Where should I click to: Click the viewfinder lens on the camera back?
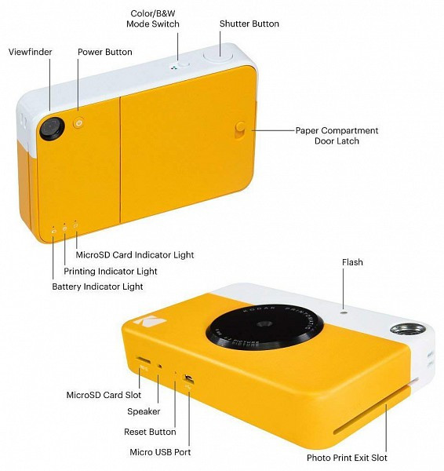pos(53,128)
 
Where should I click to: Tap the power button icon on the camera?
pos(78,123)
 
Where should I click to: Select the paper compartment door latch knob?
pos(241,130)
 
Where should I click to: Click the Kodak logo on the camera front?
pos(150,321)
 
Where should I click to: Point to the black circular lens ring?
pos(265,327)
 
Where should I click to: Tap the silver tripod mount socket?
pos(406,329)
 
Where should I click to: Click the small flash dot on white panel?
pos(344,312)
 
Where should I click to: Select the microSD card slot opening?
pos(144,360)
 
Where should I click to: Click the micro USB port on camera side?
pos(189,379)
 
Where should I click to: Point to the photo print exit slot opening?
pos(373,411)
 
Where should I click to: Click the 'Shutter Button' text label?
pos(249,24)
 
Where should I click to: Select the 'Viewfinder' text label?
pos(31,52)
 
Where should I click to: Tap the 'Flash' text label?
pos(352,262)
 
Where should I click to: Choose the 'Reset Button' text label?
pos(150,432)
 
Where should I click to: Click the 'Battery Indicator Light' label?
pos(97,287)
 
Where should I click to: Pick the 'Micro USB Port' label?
pos(160,452)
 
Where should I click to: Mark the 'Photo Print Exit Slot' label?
pos(347,458)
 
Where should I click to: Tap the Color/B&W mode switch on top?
pos(183,65)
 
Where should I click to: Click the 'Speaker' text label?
pos(144,411)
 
